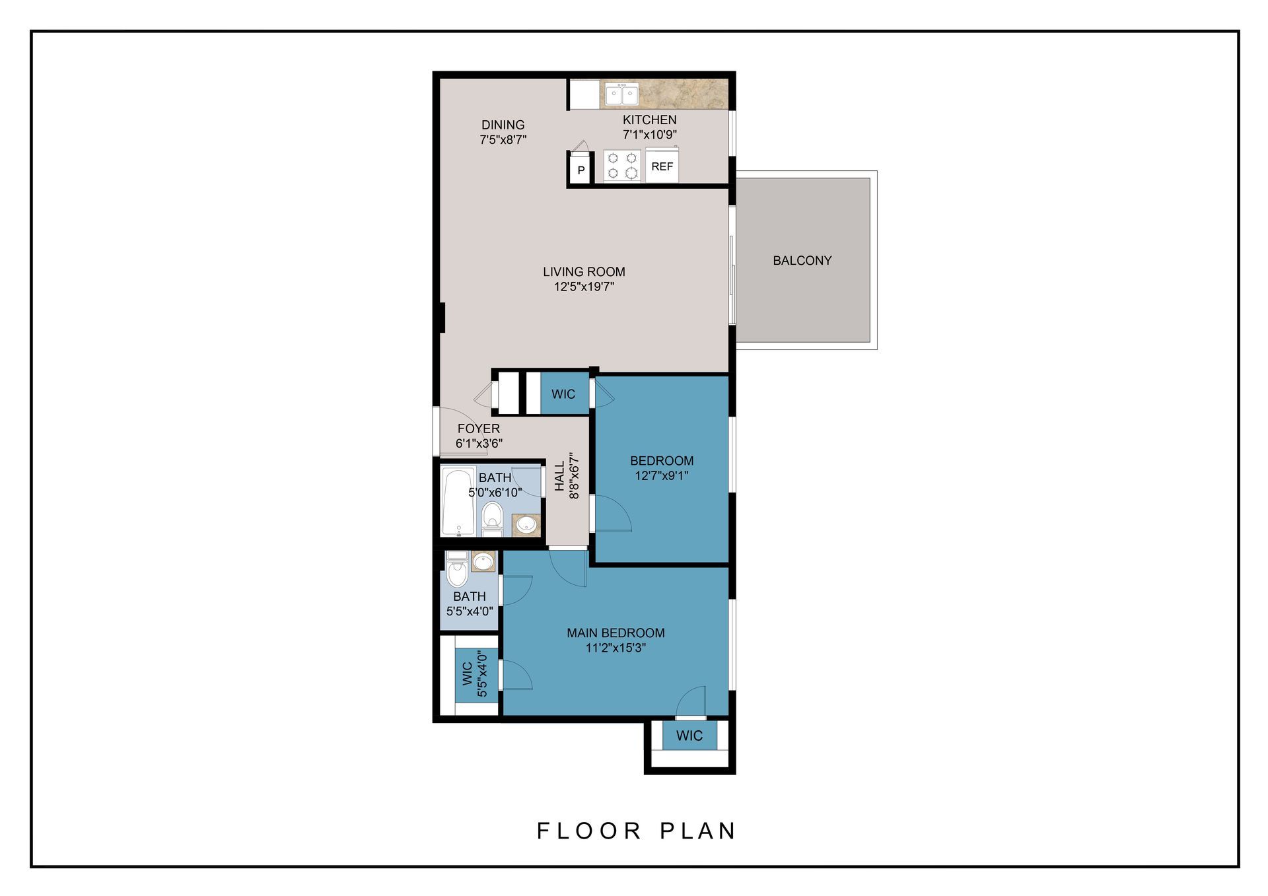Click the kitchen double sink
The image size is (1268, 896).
(x=621, y=94)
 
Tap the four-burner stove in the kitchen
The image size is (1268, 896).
(x=622, y=166)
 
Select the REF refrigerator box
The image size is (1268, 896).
(x=662, y=166)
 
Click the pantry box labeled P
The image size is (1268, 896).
(x=581, y=170)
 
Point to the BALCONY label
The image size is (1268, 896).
(x=802, y=261)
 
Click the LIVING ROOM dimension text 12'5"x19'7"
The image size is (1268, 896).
(x=584, y=287)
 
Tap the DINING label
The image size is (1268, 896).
(x=503, y=125)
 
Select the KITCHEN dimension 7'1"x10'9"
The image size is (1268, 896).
(x=649, y=135)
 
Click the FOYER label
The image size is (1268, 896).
(x=478, y=429)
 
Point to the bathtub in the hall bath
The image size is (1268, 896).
(x=458, y=501)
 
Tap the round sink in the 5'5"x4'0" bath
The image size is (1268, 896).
(x=483, y=562)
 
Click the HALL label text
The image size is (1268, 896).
(x=560, y=476)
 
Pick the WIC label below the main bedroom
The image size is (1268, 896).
(x=689, y=736)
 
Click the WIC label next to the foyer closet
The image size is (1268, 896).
(x=563, y=394)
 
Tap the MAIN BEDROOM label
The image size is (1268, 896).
(x=616, y=633)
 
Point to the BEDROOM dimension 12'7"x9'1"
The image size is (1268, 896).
(x=661, y=475)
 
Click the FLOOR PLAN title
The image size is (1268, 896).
(x=636, y=831)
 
